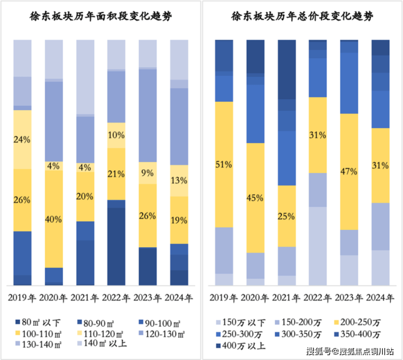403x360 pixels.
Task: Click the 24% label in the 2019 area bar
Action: point(22,139)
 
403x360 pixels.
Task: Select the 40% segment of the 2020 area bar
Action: point(54,219)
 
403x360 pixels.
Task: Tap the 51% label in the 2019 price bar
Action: point(224,164)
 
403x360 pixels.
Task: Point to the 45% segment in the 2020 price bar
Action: point(255,198)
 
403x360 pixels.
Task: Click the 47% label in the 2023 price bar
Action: point(349,171)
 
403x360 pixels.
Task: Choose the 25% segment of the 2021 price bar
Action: point(287,216)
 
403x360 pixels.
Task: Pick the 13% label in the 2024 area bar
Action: point(180,181)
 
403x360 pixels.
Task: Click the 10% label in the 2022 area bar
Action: point(116,135)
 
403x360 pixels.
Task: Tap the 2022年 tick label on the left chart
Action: point(116,298)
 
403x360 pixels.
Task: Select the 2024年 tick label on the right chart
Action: point(380,298)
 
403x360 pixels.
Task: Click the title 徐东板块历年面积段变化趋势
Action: point(100,16)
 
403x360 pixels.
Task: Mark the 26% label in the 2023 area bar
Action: point(148,215)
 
